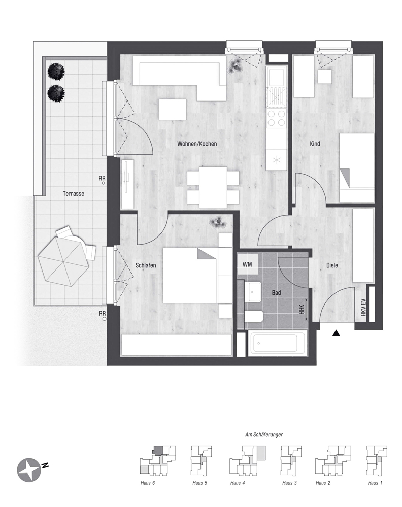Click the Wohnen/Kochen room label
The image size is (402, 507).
coord(197,144)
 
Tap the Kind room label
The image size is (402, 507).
coord(315,144)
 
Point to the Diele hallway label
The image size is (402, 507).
coord(332,265)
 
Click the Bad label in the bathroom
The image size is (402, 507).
coord(277,293)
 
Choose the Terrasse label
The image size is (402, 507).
coord(74,193)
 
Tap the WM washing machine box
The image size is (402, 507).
coord(247,264)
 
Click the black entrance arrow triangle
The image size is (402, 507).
coord(336,333)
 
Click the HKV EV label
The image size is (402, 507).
coord(363,308)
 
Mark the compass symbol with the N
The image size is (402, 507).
coord(30,469)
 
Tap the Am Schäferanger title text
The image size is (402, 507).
coord(263,435)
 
